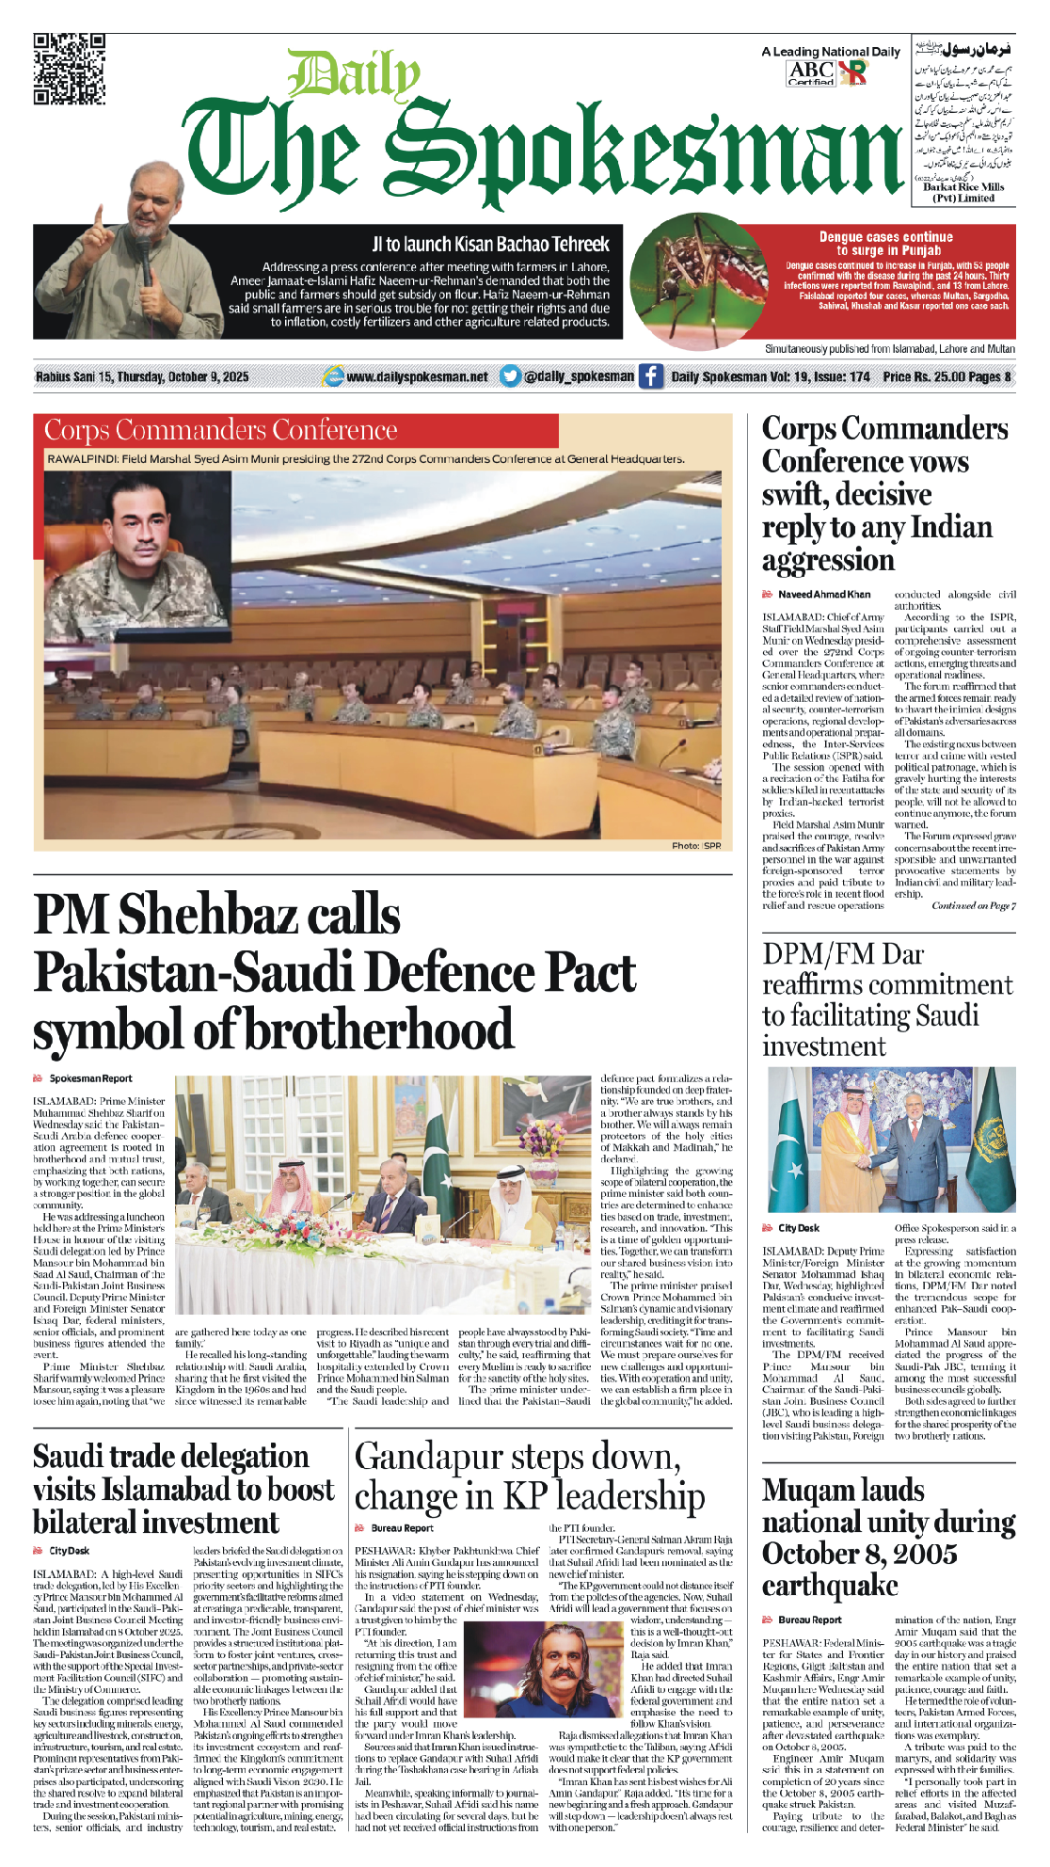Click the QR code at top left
click(x=69, y=69)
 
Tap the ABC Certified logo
click(x=811, y=72)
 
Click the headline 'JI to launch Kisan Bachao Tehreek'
click(x=490, y=245)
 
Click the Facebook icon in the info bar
click(x=651, y=376)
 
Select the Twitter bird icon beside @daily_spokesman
click(x=510, y=376)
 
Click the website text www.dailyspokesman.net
click(x=417, y=376)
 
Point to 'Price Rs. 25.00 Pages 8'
click(x=947, y=376)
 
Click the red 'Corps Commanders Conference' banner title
click(x=221, y=430)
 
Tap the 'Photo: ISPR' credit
click(x=696, y=845)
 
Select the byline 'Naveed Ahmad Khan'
click(x=823, y=595)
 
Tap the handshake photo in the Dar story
click(x=889, y=1140)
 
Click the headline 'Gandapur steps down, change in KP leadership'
click(x=529, y=1476)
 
